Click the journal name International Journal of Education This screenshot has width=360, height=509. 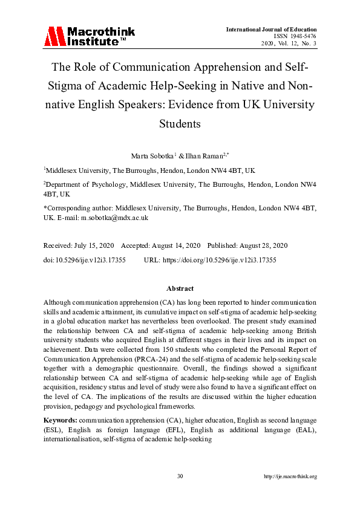coord(271,29)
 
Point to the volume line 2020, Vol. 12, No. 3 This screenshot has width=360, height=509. coord(289,44)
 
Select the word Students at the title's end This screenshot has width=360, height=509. coord(180,123)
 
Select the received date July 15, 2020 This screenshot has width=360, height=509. coord(96,245)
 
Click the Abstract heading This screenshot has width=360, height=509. coord(180,289)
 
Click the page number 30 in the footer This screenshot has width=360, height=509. coord(180,476)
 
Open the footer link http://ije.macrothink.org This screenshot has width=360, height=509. coord(290,476)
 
